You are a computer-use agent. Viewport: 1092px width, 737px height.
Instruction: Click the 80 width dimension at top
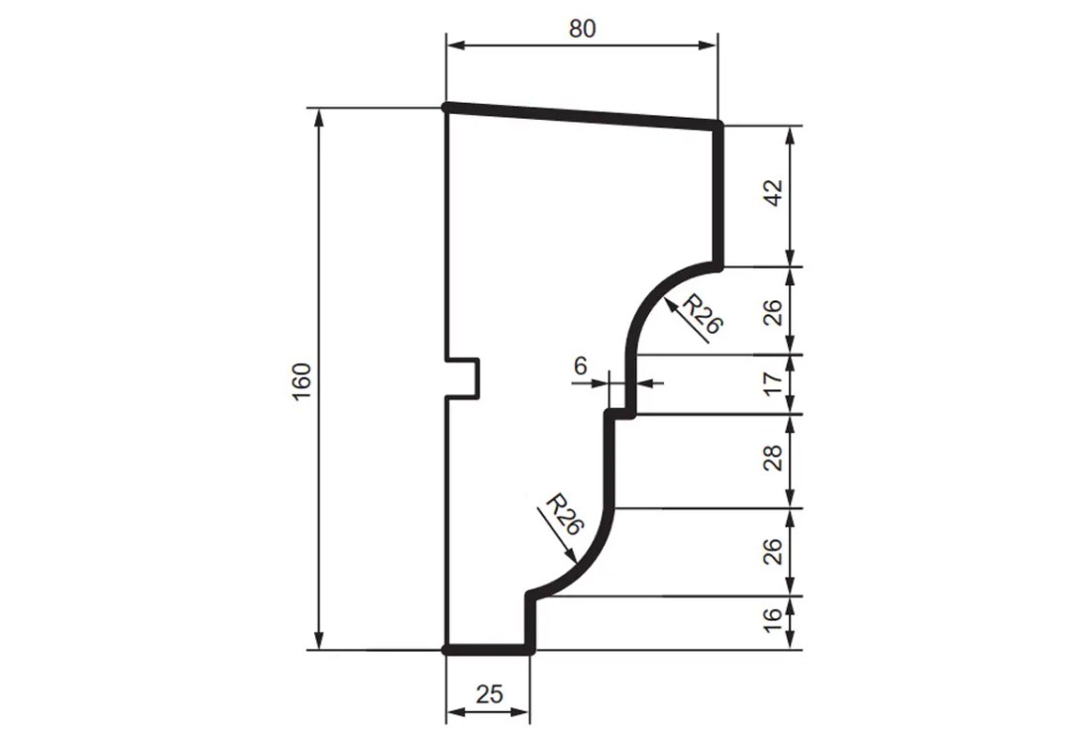(582, 29)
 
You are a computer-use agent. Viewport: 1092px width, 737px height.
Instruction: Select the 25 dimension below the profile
(488, 695)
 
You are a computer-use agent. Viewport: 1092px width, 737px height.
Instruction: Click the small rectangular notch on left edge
(464, 377)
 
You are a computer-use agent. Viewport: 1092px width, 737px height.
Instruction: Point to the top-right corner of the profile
(717, 125)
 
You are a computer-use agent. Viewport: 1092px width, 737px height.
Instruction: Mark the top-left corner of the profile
(447, 107)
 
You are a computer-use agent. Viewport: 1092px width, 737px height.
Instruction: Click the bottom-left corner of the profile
(447, 650)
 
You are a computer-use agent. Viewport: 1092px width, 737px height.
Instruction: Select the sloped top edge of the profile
(582, 115)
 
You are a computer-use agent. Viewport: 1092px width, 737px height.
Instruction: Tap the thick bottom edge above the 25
(488, 650)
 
